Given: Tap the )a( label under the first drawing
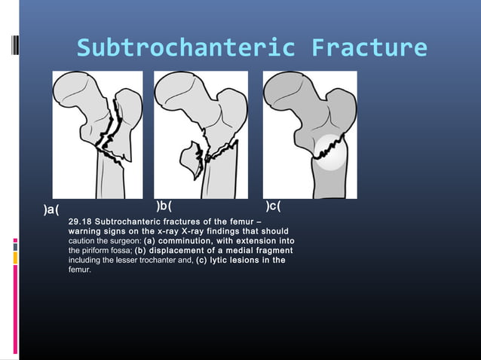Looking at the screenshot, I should click(52, 209).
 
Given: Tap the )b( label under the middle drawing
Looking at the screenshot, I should click(164, 205).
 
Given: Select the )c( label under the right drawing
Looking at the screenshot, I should click(274, 205).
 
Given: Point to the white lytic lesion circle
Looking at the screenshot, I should click(329, 152).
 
